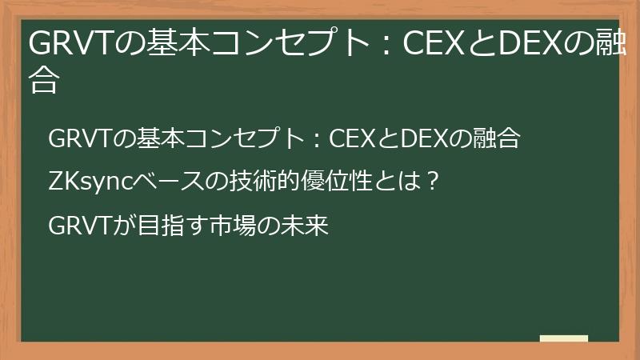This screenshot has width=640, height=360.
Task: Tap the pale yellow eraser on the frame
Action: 564,338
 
